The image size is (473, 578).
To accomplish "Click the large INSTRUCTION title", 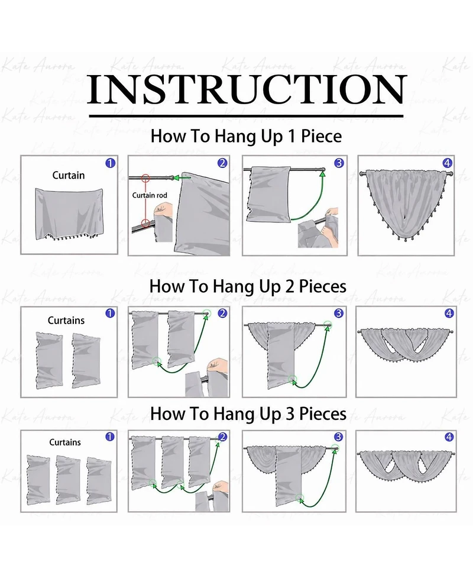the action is point(247,89).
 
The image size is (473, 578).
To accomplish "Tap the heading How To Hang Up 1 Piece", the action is point(246,136).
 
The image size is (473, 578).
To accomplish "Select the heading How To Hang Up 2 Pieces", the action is point(248,286).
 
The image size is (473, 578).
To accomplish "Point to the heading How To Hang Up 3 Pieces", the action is point(248,414).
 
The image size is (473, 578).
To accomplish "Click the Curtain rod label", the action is point(150,195).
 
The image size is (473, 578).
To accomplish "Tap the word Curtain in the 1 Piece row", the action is point(69,175).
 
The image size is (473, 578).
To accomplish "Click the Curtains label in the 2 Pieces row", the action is point(66,320).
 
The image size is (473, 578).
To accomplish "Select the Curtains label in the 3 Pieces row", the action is point(65,442).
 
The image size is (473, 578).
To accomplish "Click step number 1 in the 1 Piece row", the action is point(110,163).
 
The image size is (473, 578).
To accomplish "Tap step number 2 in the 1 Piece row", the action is point(222,163).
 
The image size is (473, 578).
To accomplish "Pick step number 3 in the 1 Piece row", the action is point(339,163).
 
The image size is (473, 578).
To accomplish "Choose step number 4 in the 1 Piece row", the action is point(447,163).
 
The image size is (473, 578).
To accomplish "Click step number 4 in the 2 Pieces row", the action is point(449,314).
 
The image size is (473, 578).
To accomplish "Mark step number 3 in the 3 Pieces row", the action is point(339,437).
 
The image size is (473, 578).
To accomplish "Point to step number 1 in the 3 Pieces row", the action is point(110,437).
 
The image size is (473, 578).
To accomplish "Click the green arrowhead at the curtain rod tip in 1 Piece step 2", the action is point(177,178).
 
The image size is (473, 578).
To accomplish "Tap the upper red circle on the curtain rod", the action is point(145,179).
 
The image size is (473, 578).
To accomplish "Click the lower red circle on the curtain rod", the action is point(145,223).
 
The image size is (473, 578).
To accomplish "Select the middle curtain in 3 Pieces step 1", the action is point(68,480).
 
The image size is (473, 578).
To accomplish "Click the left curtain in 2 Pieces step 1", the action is point(50,360).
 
